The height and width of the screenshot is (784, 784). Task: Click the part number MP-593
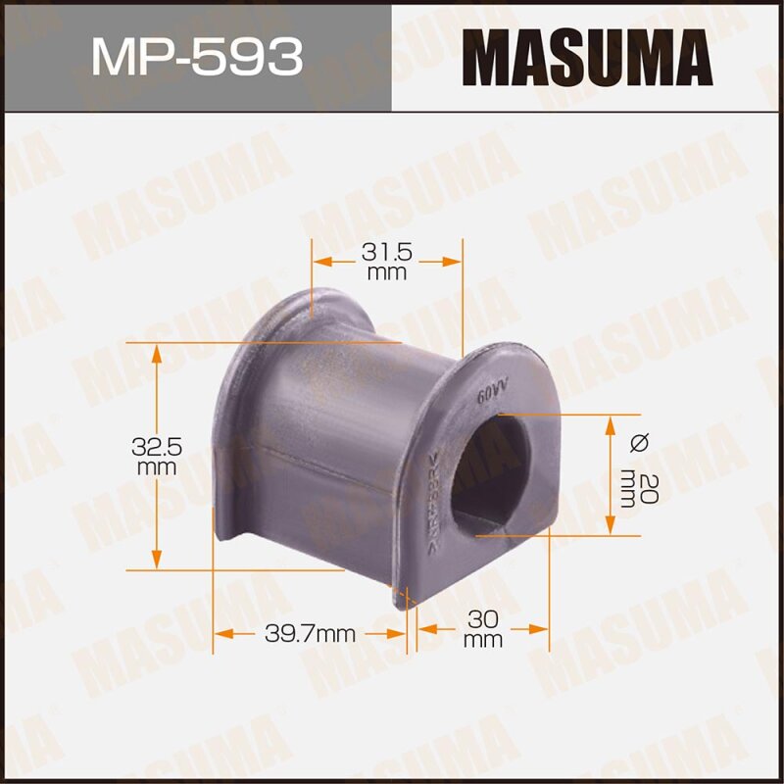pyautogui.click(x=195, y=56)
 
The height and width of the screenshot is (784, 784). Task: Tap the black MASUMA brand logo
pyautogui.click(x=587, y=56)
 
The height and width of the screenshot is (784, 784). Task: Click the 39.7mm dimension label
pyautogui.click(x=310, y=634)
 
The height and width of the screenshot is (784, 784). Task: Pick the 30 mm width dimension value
pyautogui.click(x=483, y=619)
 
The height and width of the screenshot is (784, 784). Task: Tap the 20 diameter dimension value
pyautogui.click(x=638, y=486)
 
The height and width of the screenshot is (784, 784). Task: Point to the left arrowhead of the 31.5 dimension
pyautogui.click(x=318, y=262)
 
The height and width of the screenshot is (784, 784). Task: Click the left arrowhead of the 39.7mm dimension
pyautogui.click(x=220, y=634)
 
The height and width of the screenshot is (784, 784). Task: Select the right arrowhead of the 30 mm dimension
pyautogui.click(x=542, y=628)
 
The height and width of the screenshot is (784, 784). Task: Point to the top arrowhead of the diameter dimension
pyautogui.click(x=612, y=420)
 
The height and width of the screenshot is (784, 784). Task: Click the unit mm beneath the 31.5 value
pyautogui.click(x=386, y=273)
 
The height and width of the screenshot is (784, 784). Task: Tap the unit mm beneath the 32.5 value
pyautogui.click(x=157, y=467)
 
